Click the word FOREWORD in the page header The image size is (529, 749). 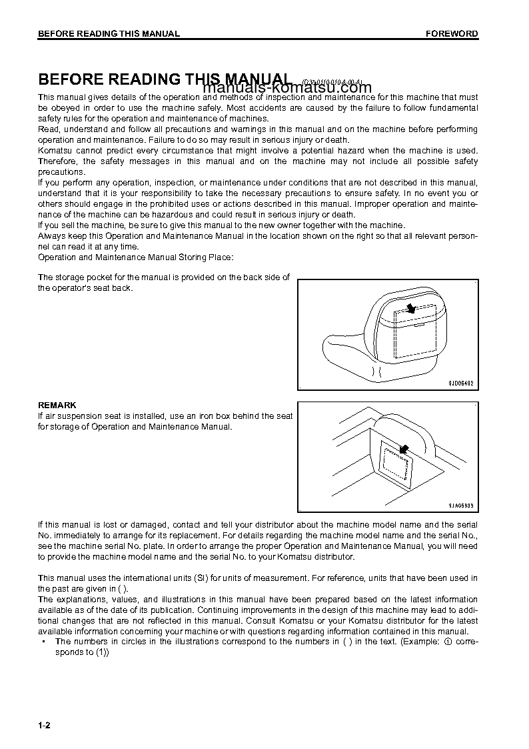coord(452,34)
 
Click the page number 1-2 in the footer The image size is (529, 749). coord(45,726)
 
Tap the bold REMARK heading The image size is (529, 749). coord(57,405)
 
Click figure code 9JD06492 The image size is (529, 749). coord(461,384)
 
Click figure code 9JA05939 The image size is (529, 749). coord(461,506)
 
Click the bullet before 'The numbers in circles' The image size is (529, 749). coord(43,642)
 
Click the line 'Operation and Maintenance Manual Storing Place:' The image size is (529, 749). coord(136,257)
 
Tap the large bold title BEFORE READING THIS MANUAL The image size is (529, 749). coord(165,79)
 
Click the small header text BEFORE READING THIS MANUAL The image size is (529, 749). coord(109,34)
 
